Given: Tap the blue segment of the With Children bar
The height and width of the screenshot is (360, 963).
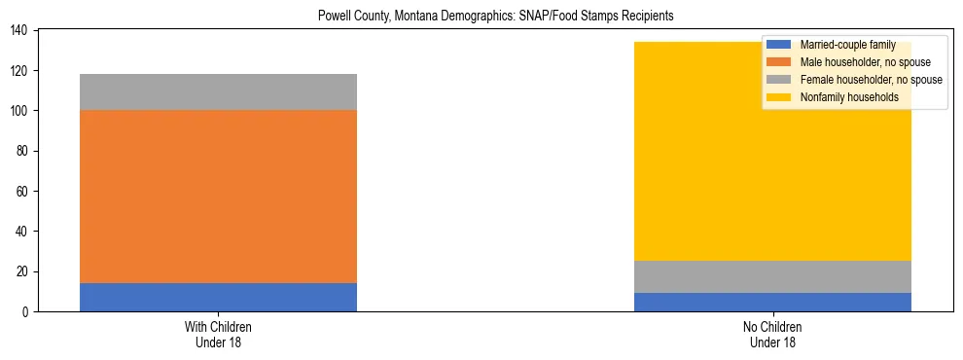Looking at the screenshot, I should (218, 297).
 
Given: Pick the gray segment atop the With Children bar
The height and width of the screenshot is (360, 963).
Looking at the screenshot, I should (218, 91).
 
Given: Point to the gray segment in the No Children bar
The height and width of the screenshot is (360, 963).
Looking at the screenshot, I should (772, 276).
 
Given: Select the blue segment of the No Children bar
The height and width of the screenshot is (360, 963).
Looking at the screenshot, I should (772, 302).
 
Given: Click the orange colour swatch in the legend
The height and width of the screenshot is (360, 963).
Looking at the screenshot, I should (779, 62).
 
